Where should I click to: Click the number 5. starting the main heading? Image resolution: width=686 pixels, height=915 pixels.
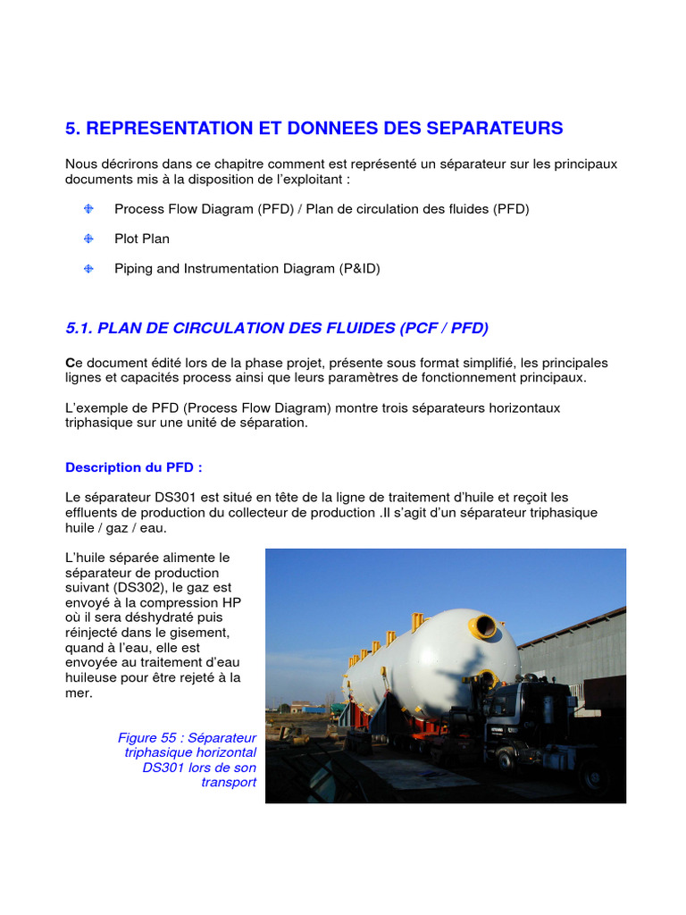73,128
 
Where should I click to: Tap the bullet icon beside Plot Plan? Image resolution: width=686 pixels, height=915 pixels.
88,239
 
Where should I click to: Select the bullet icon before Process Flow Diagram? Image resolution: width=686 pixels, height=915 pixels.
88,209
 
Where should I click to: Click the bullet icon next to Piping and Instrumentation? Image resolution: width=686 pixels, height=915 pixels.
88,268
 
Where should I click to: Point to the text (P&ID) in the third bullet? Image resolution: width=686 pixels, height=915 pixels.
359,268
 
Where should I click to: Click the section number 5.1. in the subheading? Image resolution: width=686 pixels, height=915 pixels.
79,328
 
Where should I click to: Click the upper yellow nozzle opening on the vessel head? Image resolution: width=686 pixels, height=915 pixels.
485,626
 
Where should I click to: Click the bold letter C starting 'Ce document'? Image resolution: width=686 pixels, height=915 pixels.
70,363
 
